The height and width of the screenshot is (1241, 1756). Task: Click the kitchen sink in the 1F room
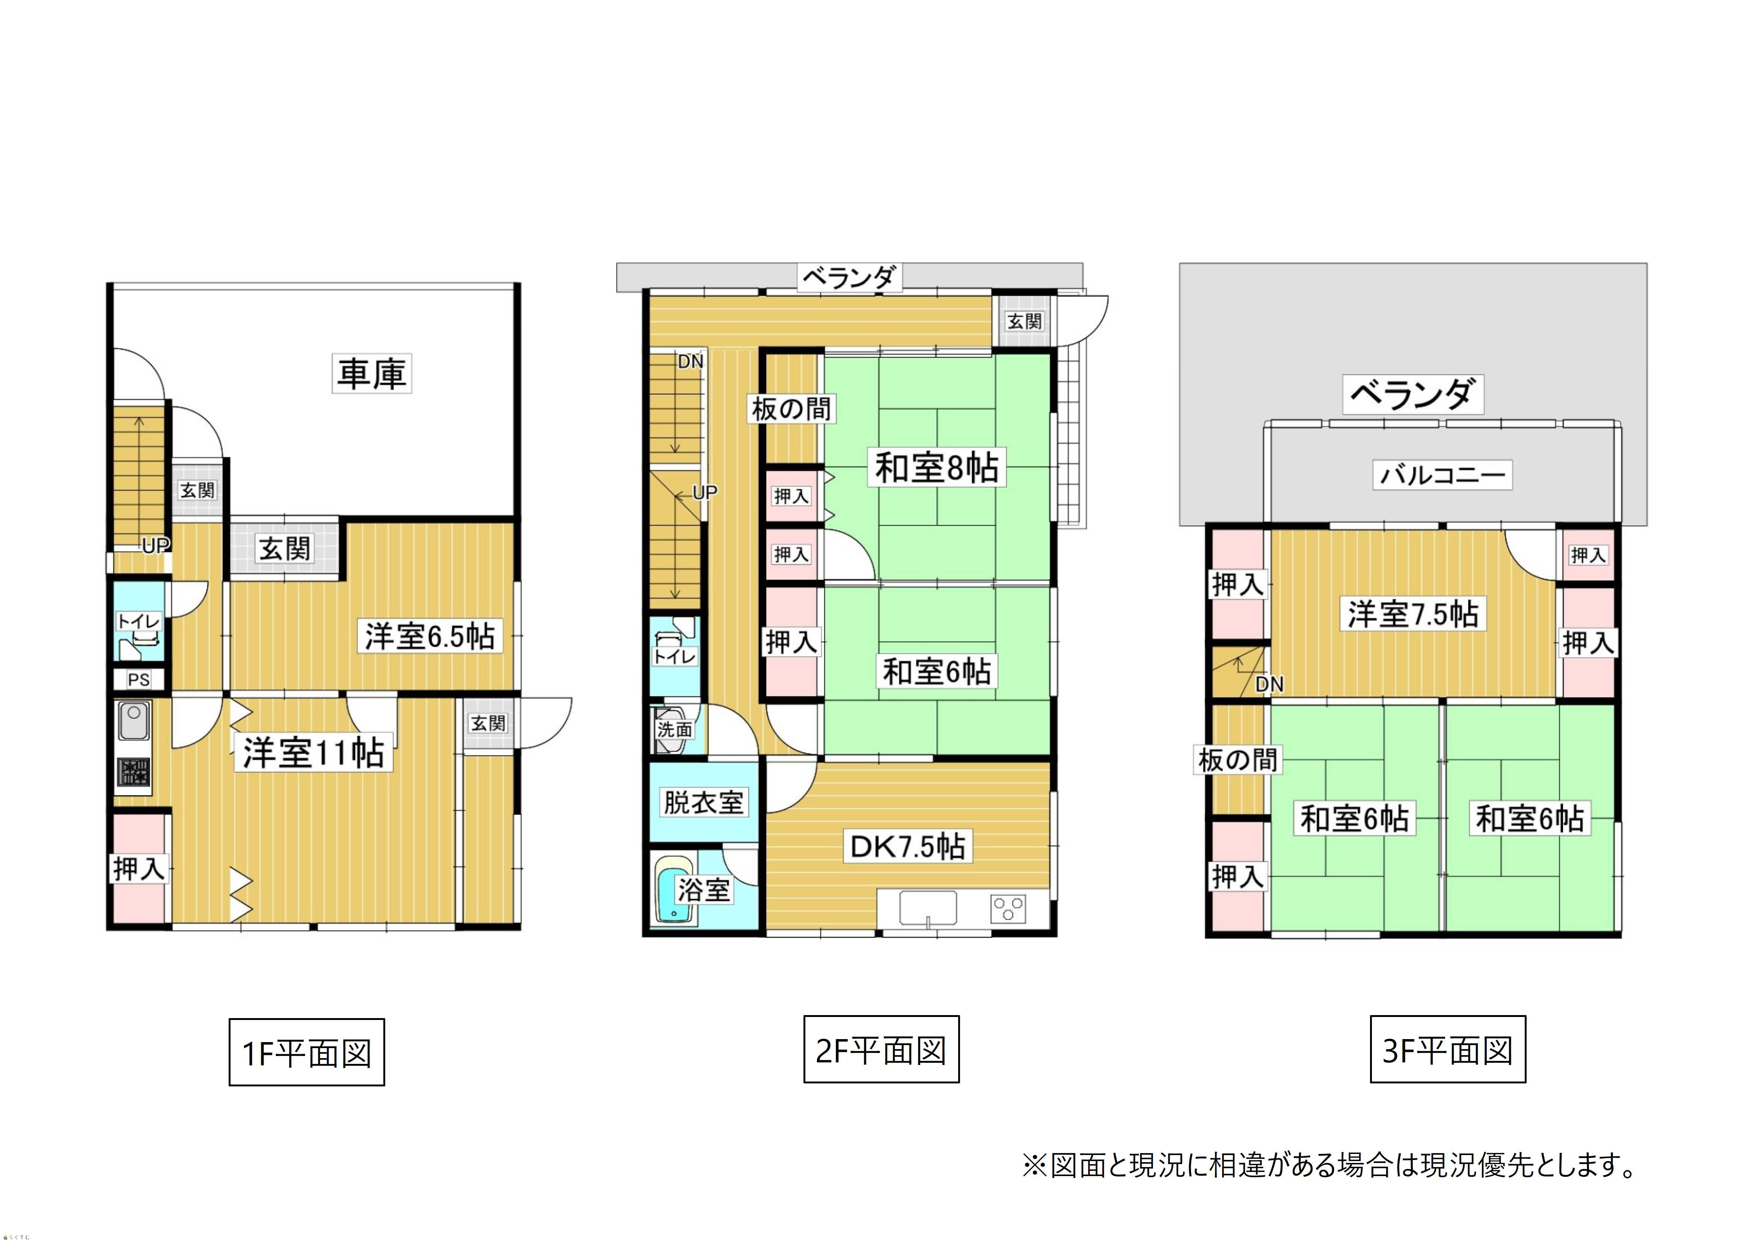[x=134, y=720]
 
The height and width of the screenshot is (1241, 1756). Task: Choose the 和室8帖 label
[x=937, y=467]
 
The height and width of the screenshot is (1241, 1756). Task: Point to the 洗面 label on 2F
[x=675, y=730]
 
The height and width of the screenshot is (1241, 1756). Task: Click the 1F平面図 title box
[x=307, y=1052]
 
